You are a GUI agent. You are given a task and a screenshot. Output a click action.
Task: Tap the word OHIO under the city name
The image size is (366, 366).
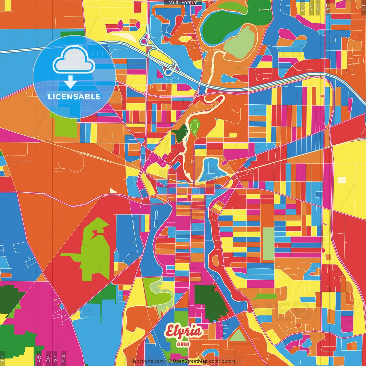(183, 344)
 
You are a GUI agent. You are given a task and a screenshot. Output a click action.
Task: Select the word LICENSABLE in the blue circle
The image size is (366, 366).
(74, 97)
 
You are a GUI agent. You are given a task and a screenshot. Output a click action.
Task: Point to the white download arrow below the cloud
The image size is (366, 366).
(70, 82)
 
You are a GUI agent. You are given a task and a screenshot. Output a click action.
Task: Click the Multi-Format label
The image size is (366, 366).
(183, 3)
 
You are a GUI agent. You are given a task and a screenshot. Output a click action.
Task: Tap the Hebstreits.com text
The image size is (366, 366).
(147, 361)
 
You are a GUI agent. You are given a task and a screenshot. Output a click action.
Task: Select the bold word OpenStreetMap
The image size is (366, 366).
(190, 361)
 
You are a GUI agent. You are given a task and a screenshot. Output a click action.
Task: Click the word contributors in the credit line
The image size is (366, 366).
(222, 361)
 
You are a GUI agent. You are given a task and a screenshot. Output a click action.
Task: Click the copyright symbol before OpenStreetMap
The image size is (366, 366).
(169, 361)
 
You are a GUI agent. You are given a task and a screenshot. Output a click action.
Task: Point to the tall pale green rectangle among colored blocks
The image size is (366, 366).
(268, 244)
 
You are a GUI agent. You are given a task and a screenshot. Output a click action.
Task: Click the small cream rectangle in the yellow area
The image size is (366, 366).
(342, 180)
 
